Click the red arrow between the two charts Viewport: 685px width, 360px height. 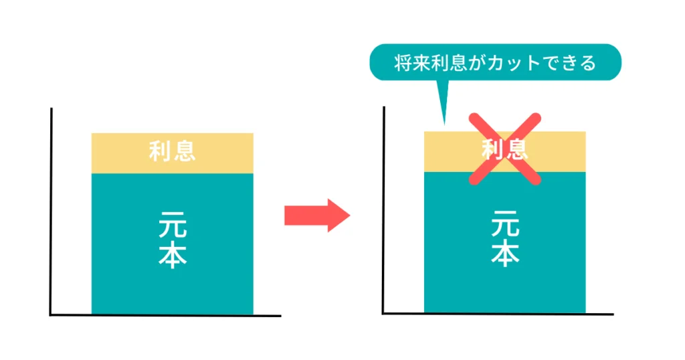point(317,215)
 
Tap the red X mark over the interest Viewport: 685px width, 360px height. point(505,149)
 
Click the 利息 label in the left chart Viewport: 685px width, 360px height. point(172,151)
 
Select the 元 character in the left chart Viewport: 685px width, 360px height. point(173,224)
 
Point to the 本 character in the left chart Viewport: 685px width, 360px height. point(173,255)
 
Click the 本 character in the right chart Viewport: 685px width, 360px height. point(506,253)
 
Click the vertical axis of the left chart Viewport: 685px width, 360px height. point(51,211)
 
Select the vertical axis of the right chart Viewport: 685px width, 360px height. point(383,209)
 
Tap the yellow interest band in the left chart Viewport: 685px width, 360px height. point(172,153)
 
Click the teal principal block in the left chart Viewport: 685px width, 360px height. point(172,244)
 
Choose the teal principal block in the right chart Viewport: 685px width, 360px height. point(504,242)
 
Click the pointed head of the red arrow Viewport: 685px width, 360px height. point(349,215)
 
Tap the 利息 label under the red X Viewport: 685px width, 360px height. point(505,149)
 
